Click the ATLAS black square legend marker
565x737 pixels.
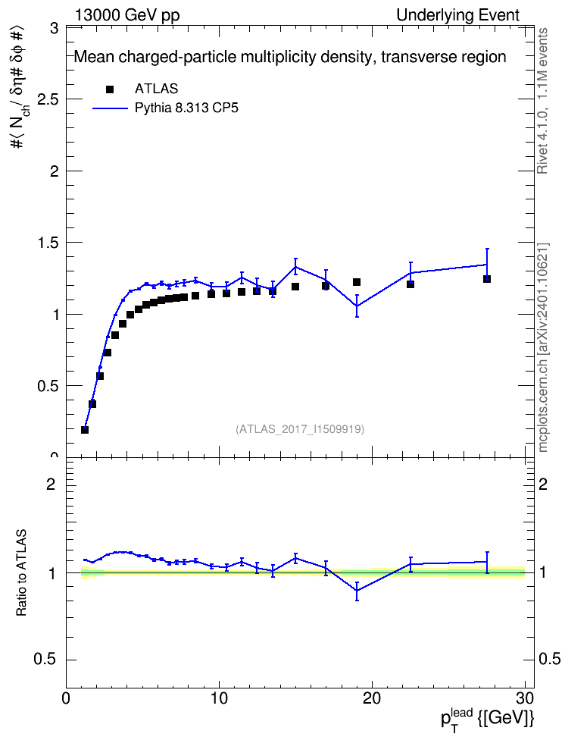(x=110, y=89)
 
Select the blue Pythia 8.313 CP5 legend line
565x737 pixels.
(x=110, y=108)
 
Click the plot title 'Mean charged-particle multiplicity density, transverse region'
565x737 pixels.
(x=290, y=58)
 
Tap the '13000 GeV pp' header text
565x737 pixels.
(x=126, y=15)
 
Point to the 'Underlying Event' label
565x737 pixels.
(x=458, y=15)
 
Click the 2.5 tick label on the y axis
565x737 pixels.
(x=48, y=99)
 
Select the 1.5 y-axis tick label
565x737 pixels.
(x=48, y=243)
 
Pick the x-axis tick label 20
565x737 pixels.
(x=372, y=698)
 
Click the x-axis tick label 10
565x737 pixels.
(x=219, y=698)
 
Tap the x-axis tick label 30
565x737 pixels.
(x=525, y=698)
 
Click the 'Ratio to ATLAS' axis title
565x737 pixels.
(x=21, y=572)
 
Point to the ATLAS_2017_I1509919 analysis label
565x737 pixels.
(x=300, y=429)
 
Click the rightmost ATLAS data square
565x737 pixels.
(x=487, y=279)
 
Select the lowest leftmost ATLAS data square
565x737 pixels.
(x=85, y=430)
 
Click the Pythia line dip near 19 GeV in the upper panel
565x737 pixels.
(x=357, y=306)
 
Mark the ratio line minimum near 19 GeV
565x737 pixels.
(x=357, y=591)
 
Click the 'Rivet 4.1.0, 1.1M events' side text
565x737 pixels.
(x=542, y=101)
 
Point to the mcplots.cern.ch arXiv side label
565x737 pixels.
(x=543, y=347)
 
